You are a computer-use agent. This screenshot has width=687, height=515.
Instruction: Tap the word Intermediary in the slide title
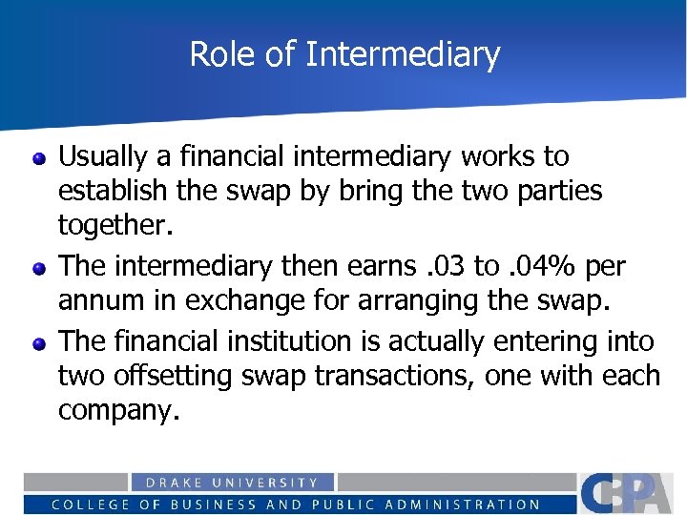tap(403, 54)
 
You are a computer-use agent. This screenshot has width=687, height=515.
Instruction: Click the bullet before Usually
tap(39, 158)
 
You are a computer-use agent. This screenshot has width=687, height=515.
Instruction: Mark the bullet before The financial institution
tap(39, 341)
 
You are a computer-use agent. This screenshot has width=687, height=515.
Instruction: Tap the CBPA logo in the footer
tap(630, 492)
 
